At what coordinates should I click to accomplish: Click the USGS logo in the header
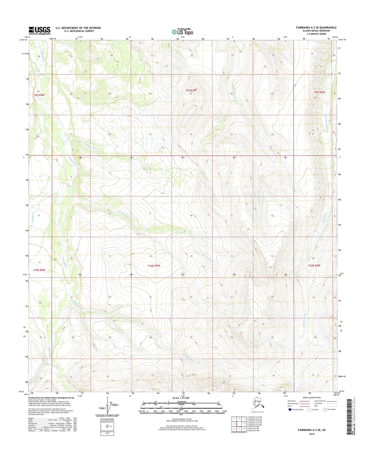coord(39,30)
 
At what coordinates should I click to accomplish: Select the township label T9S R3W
coord(191,90)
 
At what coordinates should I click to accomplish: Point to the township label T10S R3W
coord(154,266)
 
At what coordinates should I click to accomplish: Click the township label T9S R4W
coord(39,95)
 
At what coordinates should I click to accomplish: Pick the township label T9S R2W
coord(320,92)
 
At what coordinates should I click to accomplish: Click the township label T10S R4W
coord(39,270)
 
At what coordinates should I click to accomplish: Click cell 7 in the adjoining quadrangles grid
coord(239,429)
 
